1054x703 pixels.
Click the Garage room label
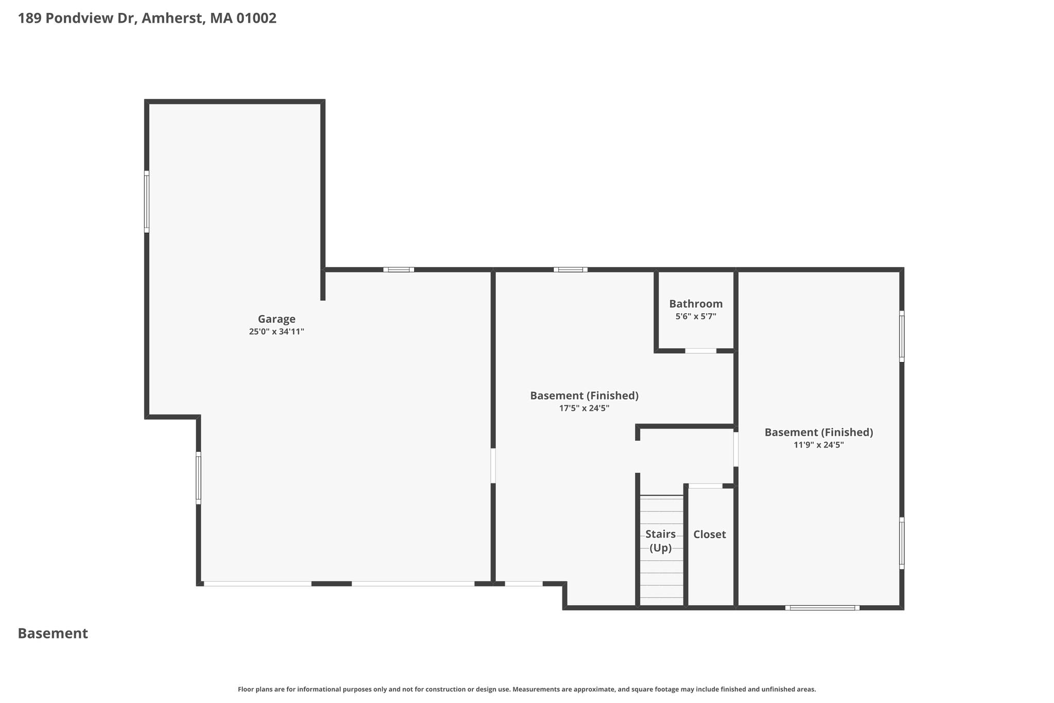[x=276, y=319]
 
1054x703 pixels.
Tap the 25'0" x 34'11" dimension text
[x=276, y=332]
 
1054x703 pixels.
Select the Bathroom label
[x=696, y=304]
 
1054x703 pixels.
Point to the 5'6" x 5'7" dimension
[x=696, y=317]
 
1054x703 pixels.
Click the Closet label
[x=709, y=535]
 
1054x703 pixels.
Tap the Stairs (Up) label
[x=660, y=541]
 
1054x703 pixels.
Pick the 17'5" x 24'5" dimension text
[x=584, y=408]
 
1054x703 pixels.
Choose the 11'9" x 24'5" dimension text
[x=819, y=445]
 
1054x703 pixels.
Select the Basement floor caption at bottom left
[x=53, y=633]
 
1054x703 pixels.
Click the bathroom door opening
[x=700, y=351]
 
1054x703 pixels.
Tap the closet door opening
[x=706, y=486]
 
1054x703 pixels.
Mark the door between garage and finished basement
[x=493, y=466]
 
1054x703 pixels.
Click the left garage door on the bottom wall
[x=258, y=584]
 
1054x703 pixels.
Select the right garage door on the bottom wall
[x=413, y=584]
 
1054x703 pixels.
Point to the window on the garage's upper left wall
[x=147, y=202]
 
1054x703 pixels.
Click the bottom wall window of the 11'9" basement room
[x=822, y=608]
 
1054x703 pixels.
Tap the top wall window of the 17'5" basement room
[x=570, y=269]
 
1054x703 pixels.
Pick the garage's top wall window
[x=399, y=269]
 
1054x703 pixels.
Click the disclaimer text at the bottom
[x=527, y=689]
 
